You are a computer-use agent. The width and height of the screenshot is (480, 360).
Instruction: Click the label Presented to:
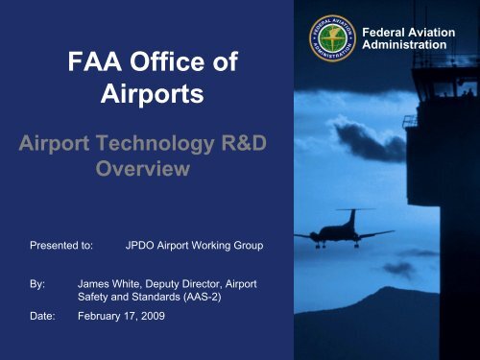pos(60,246)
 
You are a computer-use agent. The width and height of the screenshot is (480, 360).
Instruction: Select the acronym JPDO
pos(144,246)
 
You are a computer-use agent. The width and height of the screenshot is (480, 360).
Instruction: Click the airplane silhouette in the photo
pos(343,231)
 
